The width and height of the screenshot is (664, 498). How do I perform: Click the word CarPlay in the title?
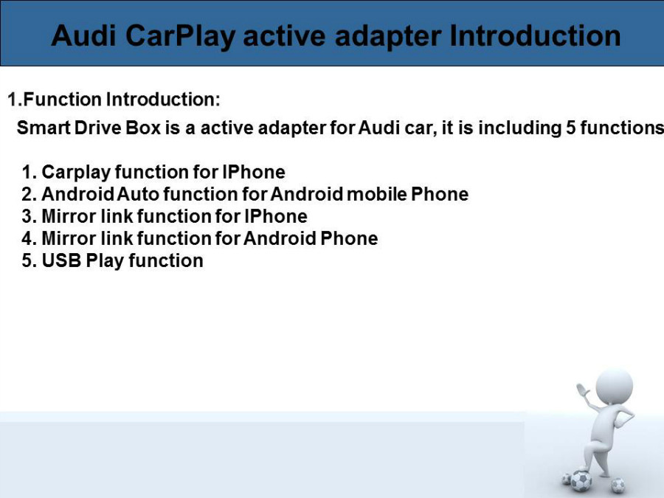(181, 36)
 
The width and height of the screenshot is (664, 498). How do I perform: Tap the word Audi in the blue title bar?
(83, 35)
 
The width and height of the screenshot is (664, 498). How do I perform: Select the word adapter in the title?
(388, 36)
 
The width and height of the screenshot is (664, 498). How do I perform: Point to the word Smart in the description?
(44, 128)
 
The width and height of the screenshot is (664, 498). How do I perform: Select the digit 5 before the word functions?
(571, 128)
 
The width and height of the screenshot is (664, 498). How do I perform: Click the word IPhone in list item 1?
(254, 172)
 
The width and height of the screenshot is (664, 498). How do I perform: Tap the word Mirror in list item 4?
(69, 238)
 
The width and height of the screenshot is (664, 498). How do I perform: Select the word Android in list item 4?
(280, 238)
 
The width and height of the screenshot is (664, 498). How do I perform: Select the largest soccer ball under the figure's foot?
(581, 480)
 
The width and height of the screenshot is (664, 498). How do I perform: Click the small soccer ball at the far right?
(618, 484)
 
